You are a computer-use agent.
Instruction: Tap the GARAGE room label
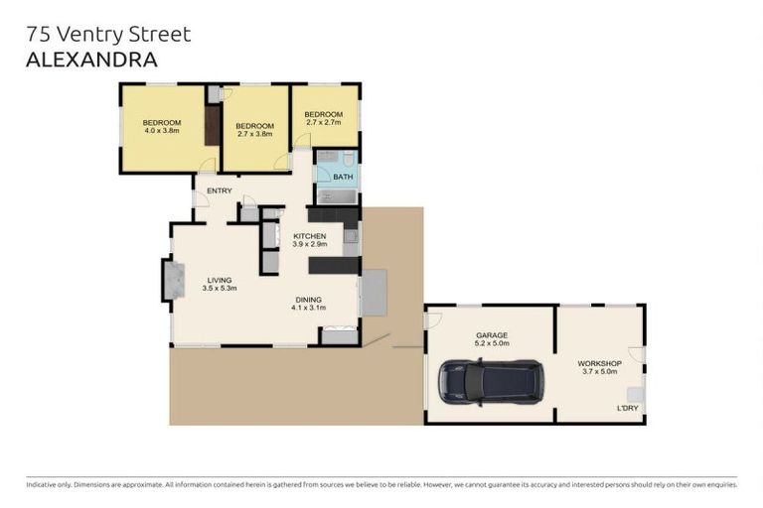[491, 335]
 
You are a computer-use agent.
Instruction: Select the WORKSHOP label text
[599, 363]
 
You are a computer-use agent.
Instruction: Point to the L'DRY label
[628, 408]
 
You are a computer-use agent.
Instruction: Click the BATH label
[343, 177]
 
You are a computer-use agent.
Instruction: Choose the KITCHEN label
[309, 235]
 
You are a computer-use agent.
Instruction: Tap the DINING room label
[308, 300]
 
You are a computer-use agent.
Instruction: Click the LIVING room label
[219, 280]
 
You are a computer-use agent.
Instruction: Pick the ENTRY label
[219, 190]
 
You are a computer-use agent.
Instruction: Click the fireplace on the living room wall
[173, 279]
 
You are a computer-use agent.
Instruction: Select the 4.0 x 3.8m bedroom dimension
[162, 131]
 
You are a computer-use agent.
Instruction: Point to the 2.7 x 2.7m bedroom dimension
[323, 123]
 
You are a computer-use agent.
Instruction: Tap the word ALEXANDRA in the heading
[91, 60]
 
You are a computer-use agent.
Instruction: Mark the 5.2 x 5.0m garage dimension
[491, 344]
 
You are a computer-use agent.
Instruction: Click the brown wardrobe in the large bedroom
[212, 125]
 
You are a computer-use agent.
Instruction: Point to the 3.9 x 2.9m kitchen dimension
[309, 244]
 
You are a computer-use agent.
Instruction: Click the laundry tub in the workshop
[634, 394]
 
